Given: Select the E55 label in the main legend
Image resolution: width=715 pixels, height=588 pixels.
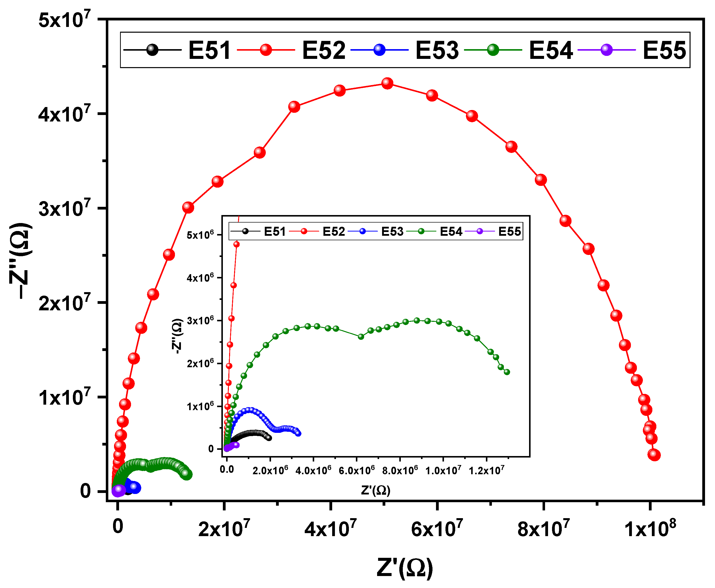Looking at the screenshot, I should pos(664,50).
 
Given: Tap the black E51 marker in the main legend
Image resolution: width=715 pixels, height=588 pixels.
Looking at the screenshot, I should pos(152,50).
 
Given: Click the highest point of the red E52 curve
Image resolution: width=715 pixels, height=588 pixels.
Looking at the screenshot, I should pos(387,83).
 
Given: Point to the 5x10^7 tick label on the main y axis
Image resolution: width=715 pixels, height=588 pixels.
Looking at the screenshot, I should pos(64,20).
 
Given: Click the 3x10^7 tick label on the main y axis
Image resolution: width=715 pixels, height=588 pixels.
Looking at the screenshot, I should pos(64,208).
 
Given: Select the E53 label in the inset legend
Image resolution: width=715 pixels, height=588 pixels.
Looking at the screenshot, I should pos(392,232).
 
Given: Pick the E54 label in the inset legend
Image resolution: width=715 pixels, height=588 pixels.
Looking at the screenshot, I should pos(451,232).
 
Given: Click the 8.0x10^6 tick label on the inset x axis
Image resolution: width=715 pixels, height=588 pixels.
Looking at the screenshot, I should pos(400,470).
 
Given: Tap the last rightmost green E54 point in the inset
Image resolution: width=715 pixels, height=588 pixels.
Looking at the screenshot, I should pos(507,372).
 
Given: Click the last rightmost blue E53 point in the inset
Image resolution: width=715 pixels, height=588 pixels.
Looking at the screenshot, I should pos(298,433).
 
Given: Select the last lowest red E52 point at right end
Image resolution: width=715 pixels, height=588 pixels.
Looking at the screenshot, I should pos(654,455).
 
